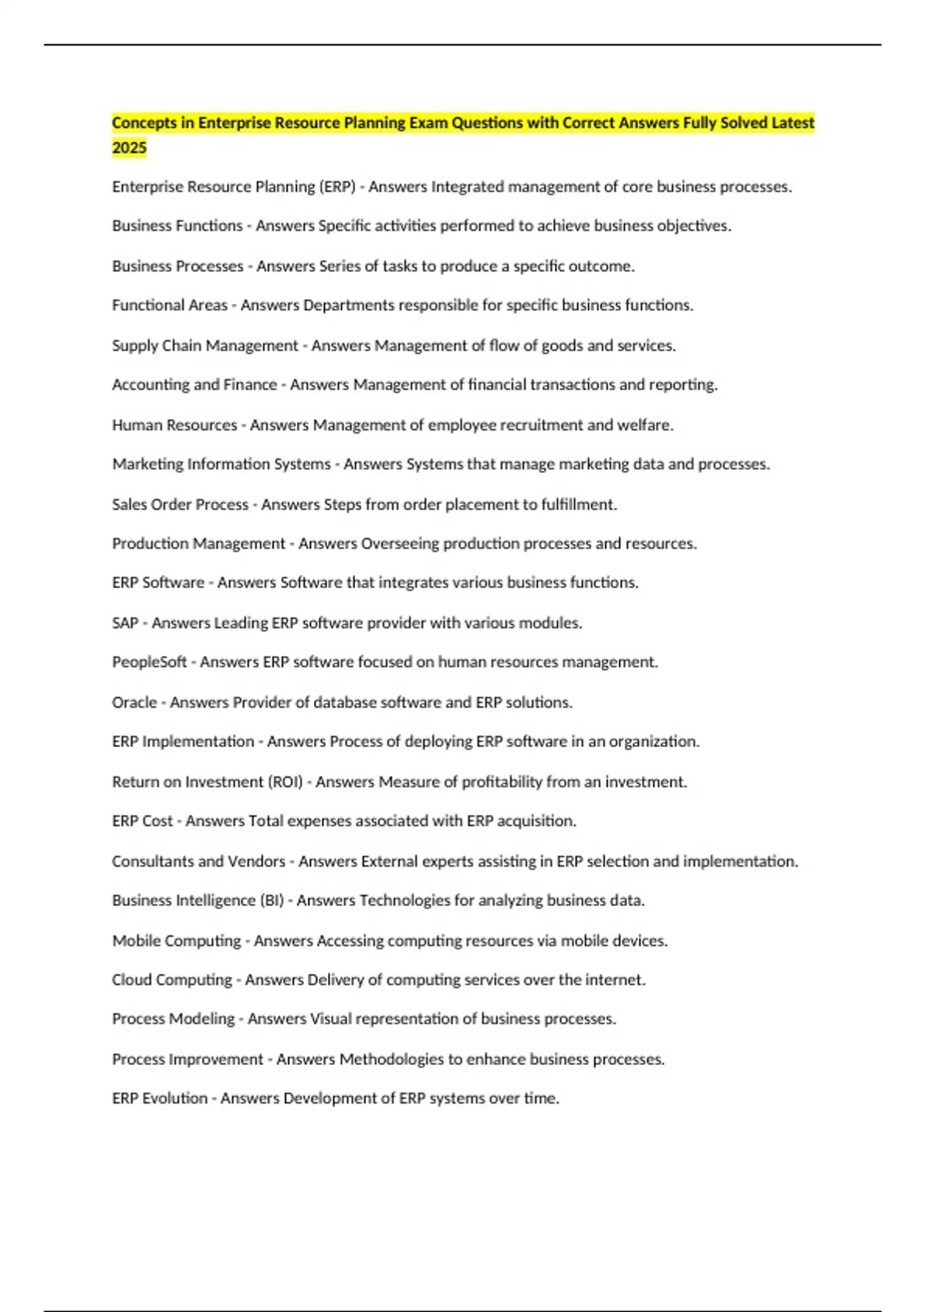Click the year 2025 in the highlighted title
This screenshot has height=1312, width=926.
coord(129,147)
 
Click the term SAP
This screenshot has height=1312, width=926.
coord(125,623)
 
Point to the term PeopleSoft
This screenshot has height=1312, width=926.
coord(149,662)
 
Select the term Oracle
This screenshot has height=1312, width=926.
coord(134,702)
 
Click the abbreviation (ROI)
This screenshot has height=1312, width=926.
coord(285,782)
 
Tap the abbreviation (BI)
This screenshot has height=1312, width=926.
coord(271,901)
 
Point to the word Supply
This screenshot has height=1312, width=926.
coord(133,346)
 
